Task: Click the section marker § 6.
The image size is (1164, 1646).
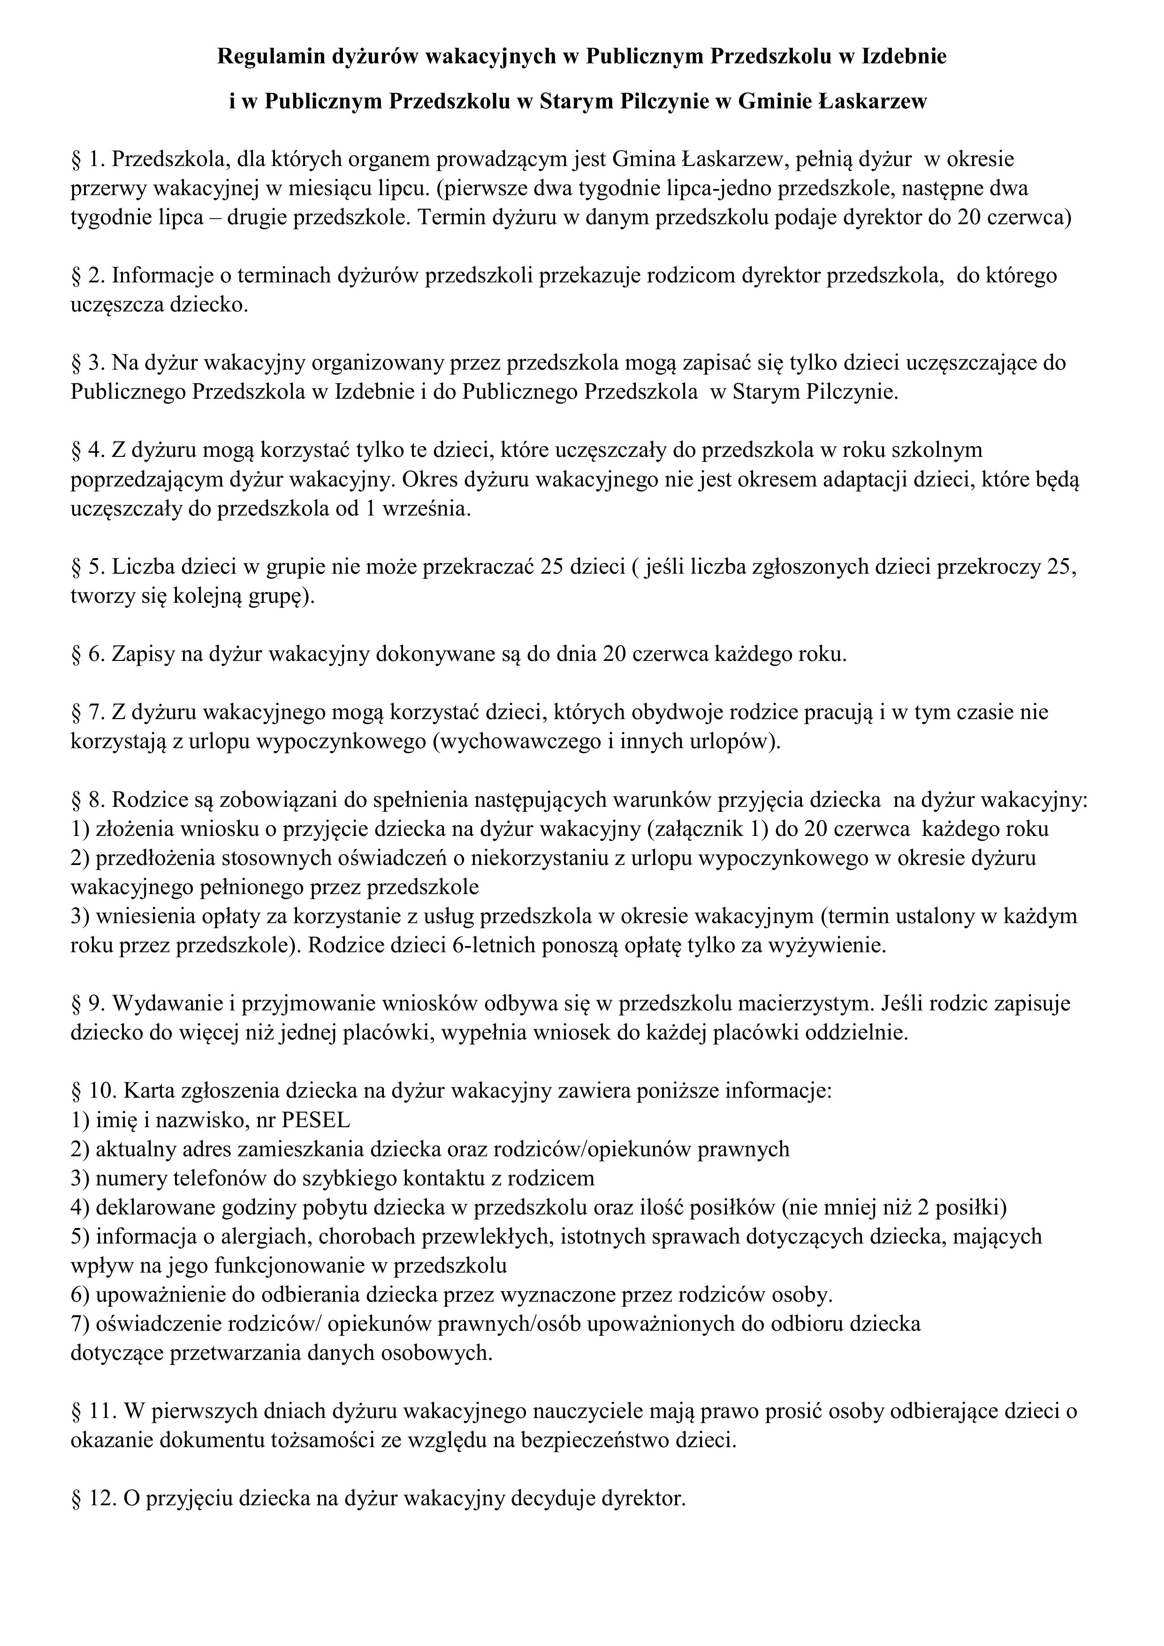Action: (x=87, y=654)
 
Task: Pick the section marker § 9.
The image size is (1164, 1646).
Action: (x=87, y=1003)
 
